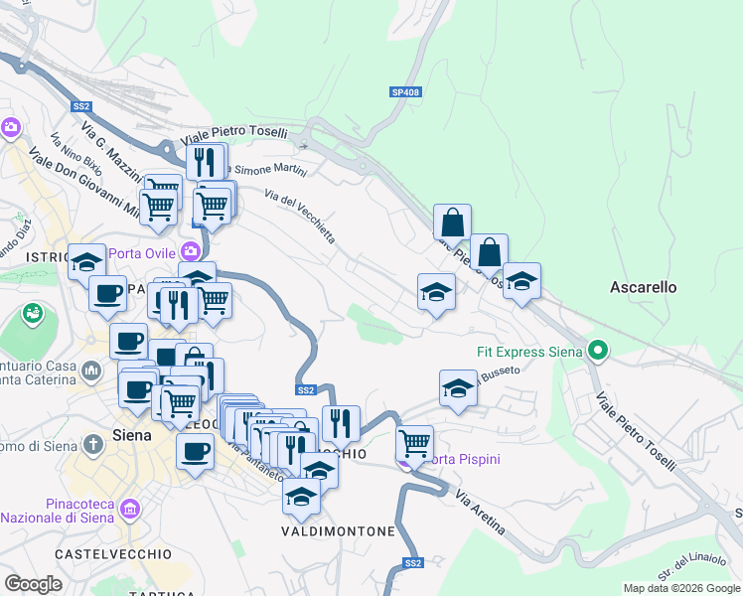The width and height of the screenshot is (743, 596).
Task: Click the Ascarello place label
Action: pyautogui.click(x=643, y=287)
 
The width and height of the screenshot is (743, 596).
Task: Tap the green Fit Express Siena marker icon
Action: pyautogui.click(x=597, y=351)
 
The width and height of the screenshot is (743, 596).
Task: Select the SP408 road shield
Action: pyautogui.click(x=405, y=92)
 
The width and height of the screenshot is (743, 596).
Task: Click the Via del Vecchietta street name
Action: pyautogui.click(x=300, y=215)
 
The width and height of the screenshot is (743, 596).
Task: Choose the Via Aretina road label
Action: pyautogui.click(x=481, y=511)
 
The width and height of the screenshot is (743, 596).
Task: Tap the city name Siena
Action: pyautogui.click(x=132, y=435)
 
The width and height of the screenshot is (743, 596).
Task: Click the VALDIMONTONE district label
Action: pyautogui.click(x=338, y=531)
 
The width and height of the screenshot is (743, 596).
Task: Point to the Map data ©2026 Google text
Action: pyautogui.click(x=680, y=588)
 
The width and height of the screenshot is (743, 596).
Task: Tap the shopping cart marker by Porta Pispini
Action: pyautogui.click(x=414, y=441)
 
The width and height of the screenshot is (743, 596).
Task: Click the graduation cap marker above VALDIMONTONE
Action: pyautogui.click(x=300, y=496)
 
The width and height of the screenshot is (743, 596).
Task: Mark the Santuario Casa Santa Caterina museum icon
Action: pyautogui.click(x=91, y=372)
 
